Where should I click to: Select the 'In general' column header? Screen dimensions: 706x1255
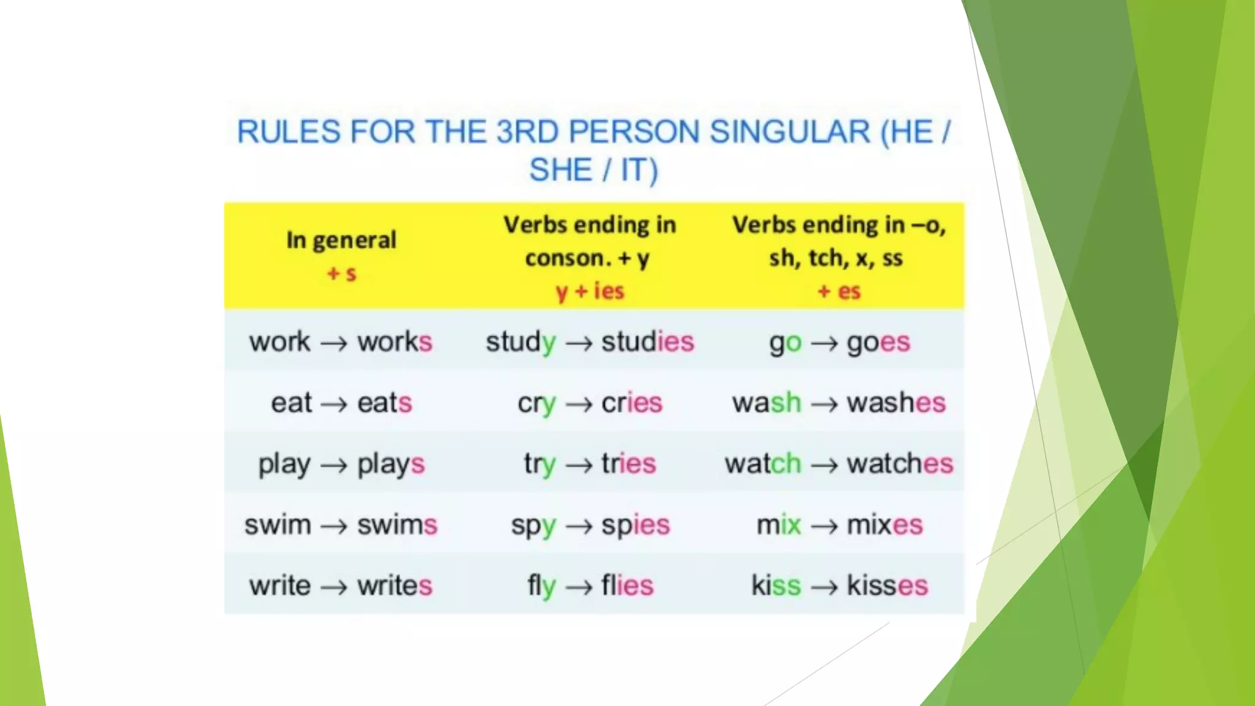pyautogui.click(x=341, y=240)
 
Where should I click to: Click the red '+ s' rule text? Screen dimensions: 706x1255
pyautogui.click(x=341, y=273)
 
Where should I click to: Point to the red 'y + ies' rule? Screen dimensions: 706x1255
pyautogui.click(x=590, y=291)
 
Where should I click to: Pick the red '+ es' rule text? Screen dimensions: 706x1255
pyautogui.click(x=839, y=291)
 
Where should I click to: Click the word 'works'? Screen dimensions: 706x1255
pyautogui.click(x=395, y=342)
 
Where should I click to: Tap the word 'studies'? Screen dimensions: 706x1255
pyautogui.click(x=647, y=342)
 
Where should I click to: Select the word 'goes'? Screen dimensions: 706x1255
pyautogui.click(x=878, y=342)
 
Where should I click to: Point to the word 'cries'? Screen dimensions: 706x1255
pyautogui.click(x=631, y=403)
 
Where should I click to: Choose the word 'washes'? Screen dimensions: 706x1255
pyautogui.click(x=896, y=403)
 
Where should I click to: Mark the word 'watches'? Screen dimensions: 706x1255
pyautogui.click(x=900, y=464)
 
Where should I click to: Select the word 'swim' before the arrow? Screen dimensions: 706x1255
pyautogui.click(x=278, y=525)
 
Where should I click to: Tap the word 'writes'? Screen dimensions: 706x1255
pyautogui.click(x=395, y=586)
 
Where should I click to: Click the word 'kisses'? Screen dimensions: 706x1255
pyautogui.click(x=887, y=586)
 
